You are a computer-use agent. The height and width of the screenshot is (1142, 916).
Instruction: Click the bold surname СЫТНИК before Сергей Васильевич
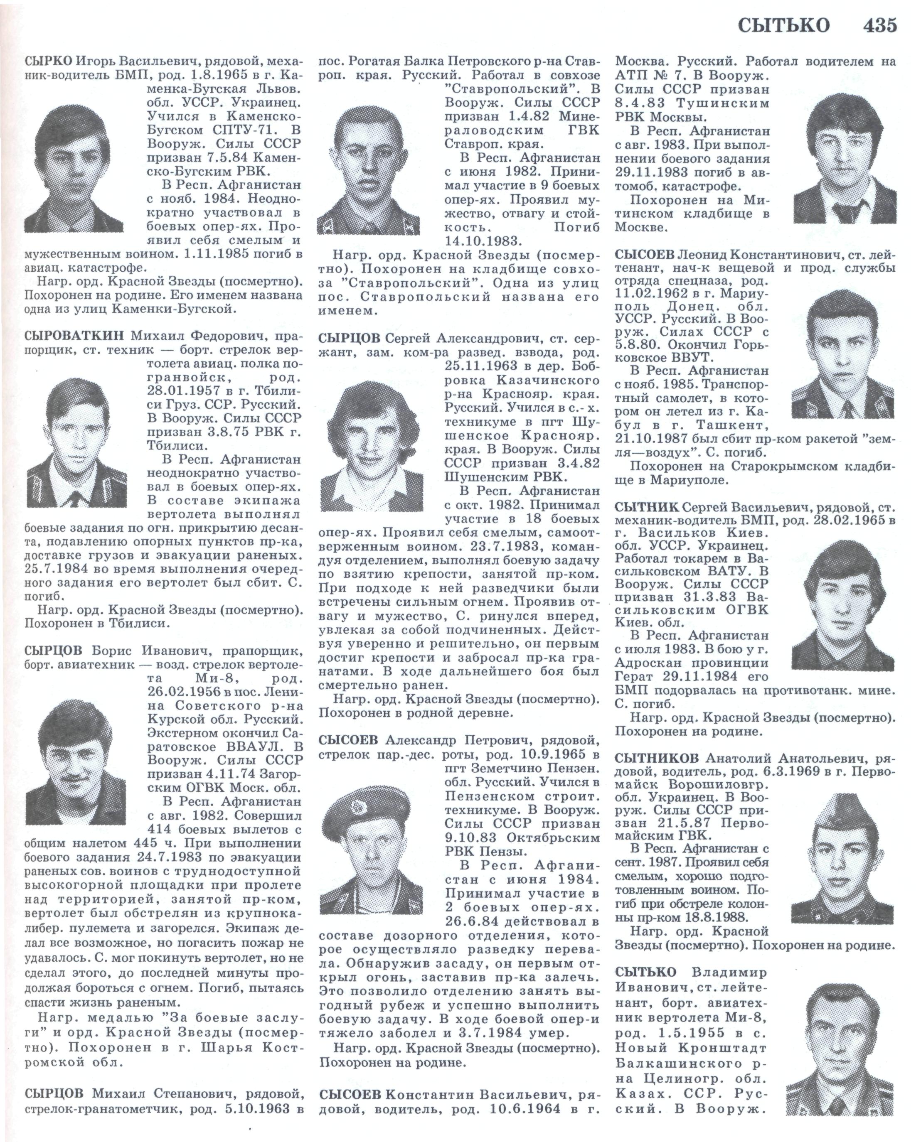click(646, 507)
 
